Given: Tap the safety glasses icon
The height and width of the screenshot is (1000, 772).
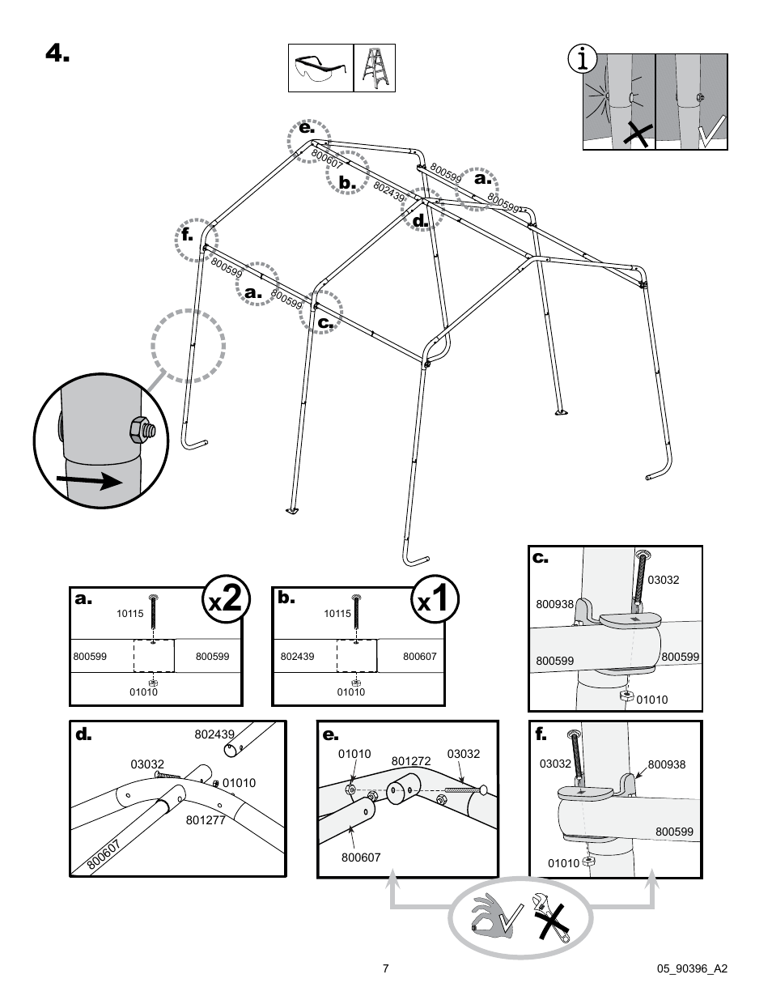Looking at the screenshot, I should click(x=320, y=68).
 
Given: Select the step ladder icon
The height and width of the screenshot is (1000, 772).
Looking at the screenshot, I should click(x=375, y=68).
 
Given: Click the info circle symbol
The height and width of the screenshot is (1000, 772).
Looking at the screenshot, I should click(x=583, y=60).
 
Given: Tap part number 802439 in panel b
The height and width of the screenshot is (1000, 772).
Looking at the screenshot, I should click(x=297, y=657).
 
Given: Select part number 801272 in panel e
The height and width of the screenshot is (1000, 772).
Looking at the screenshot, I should click(x=410, y=761).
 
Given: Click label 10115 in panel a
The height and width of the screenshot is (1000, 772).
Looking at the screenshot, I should click(x=129, y=614).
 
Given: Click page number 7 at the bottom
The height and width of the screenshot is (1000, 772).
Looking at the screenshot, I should click(x=386, y=968).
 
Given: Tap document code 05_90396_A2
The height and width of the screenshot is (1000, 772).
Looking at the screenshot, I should click(x=692, y=968).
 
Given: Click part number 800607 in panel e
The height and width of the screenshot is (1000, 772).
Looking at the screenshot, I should click(x=360, y=857).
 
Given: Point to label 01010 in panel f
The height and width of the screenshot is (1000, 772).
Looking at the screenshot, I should click(x=563, y=863).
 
